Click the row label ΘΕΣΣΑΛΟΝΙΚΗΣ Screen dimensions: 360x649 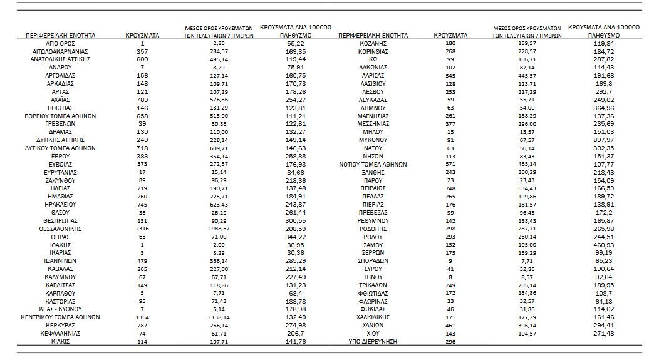[60, 230]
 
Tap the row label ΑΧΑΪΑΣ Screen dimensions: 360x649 [60, 100]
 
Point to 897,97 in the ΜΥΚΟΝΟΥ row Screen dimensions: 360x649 [598, 140]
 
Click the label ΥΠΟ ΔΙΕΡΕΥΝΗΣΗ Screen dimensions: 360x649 [373, 342]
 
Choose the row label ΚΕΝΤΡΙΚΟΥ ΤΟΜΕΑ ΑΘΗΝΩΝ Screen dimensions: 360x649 [60, 317]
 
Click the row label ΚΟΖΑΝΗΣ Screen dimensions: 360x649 [373, 43]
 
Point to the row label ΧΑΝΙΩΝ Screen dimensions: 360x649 [373, 326]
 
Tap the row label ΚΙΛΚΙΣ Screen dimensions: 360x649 [60, 342]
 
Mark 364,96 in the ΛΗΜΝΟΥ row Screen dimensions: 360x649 [598, 108]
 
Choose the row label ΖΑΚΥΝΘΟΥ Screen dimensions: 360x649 [60, 180]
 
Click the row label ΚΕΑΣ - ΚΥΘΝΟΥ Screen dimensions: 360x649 [60, 309]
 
